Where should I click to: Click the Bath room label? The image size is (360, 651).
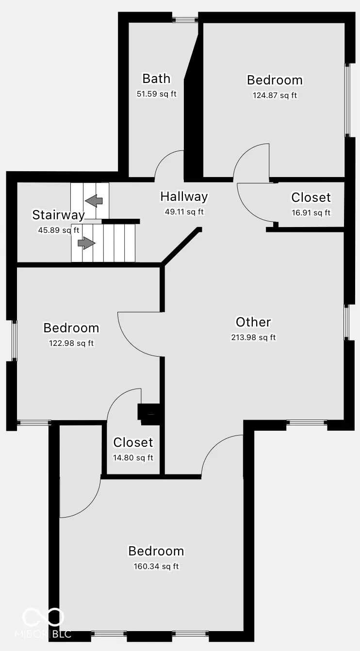click(x=156, y=78)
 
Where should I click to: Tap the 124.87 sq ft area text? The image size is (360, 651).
click(x=275, y=96)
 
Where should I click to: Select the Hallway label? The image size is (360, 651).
click(x=184, y=196)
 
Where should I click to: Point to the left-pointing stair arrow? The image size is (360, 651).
click(x=94, y=199)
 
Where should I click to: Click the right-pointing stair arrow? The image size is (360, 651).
click(x=87, y=243)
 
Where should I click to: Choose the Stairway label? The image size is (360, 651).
click(x=58, y=215)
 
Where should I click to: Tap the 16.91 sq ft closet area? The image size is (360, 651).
click(x=311, y=212)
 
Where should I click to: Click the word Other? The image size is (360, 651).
click(x=253, y=322)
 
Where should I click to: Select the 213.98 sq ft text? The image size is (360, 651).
click(x=253, y=338)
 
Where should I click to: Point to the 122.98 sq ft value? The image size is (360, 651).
click(x=71, y=343)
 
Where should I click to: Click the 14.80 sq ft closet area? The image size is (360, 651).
click(x=133, y=457)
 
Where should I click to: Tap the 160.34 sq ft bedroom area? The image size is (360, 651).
click(x=156, y=566)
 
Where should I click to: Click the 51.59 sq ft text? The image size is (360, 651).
click(x=156, y=94)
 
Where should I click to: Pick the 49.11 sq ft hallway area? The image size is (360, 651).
click(x=184, y=212)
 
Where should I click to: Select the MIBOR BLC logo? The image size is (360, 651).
click(x=44, y=623)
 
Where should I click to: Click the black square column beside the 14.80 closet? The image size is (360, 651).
click(x=148, y=412)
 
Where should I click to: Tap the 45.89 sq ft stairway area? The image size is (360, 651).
click(x=58, y=230)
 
